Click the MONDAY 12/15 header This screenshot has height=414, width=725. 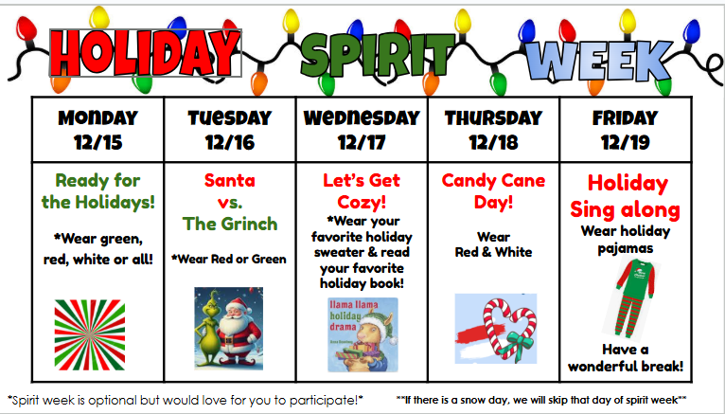pyautogui.click(x=97, y=131)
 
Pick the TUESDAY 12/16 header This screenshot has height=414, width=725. pyautogui.click(x=229, y=131)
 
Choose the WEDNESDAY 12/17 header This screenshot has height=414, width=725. pyautogui.click(x=362, y=131)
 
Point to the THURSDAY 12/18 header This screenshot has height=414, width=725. pyautogui.click(x=493, y=131)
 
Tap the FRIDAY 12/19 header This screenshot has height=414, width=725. pyautogui.click(x=625, y=131)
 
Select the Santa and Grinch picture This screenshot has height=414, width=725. pyautogui.click(x=229, y=328)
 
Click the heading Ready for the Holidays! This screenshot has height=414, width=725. pyautogui.click(x=97, y=190)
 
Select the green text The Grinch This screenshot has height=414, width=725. pyautogui.click(x=231, y=224)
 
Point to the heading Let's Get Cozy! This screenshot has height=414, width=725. pyautogui.click(x=362, y=190)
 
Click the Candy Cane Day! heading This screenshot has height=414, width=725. pyautogui.click(x=491, y=190)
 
